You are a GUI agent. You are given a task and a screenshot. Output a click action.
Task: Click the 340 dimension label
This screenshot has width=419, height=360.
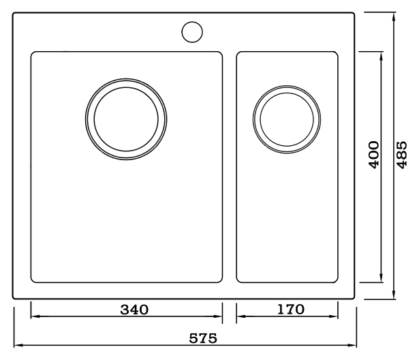[x=134, y=310]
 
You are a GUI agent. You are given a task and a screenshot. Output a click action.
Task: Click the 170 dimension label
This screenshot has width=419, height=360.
[x=291, y=309]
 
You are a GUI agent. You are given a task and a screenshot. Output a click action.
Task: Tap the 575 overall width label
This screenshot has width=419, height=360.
[x=203, y=338]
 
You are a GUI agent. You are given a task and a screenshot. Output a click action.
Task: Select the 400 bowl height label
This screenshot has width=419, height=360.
[x=374, y=155]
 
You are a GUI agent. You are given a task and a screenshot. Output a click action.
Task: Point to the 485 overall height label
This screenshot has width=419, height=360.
[x=402, y=155]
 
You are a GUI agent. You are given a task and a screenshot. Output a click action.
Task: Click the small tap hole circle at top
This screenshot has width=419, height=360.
[x=192, y=32]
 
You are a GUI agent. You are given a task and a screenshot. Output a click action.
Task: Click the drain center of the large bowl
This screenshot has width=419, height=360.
[x=126, y=119]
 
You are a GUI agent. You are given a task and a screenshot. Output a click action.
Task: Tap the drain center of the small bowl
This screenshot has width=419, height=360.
[x=287, y=119]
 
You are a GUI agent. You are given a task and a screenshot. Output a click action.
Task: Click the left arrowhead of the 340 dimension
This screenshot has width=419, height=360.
[x=33, y=316]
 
